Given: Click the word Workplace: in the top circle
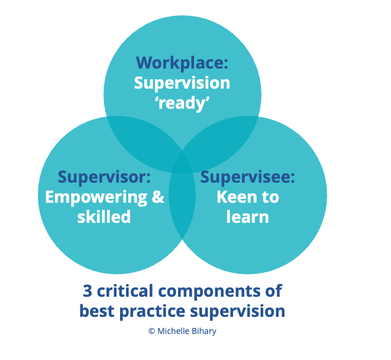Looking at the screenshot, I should tap(182, 62).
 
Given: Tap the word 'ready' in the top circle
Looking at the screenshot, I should tap(182, 103).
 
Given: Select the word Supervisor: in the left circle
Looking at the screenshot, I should tap(104, 177).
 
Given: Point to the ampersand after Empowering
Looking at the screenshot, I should tap(158, 197).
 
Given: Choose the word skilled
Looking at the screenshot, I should tap(104, 216).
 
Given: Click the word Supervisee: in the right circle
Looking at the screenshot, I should tap(247, 177).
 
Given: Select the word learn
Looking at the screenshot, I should tap(247, 216).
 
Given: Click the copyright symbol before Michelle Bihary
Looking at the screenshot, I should tap(151, 331).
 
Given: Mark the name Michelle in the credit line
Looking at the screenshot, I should tap(175, 331).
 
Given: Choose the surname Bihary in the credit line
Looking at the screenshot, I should tap(204, 332).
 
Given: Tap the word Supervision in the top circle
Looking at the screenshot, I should tap(182, 82).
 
